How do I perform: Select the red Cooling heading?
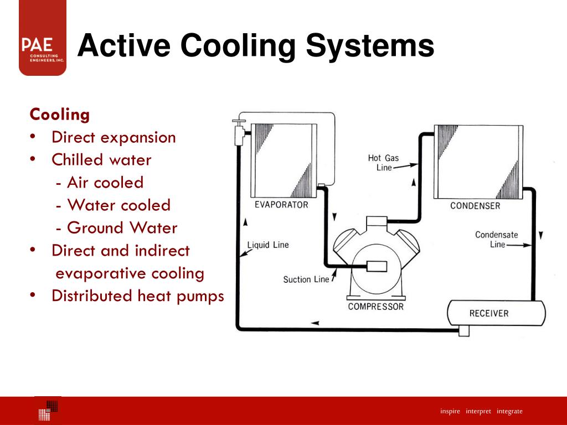pos(59,115)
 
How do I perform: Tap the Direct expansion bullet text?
pos(114,137)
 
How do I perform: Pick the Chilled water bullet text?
pos(101,160)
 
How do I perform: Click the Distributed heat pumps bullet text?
pos(137,296)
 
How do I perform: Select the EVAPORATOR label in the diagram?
pos(281,205)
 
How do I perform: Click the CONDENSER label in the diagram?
pos(475,206)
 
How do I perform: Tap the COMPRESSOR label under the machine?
pos(375,307)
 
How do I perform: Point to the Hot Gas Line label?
pos(383,163)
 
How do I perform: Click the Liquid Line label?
pos(268,245)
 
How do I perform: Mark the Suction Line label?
pos(306,279)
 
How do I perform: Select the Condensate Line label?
pos(497,239)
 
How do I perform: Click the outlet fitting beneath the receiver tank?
pos(464,330)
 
